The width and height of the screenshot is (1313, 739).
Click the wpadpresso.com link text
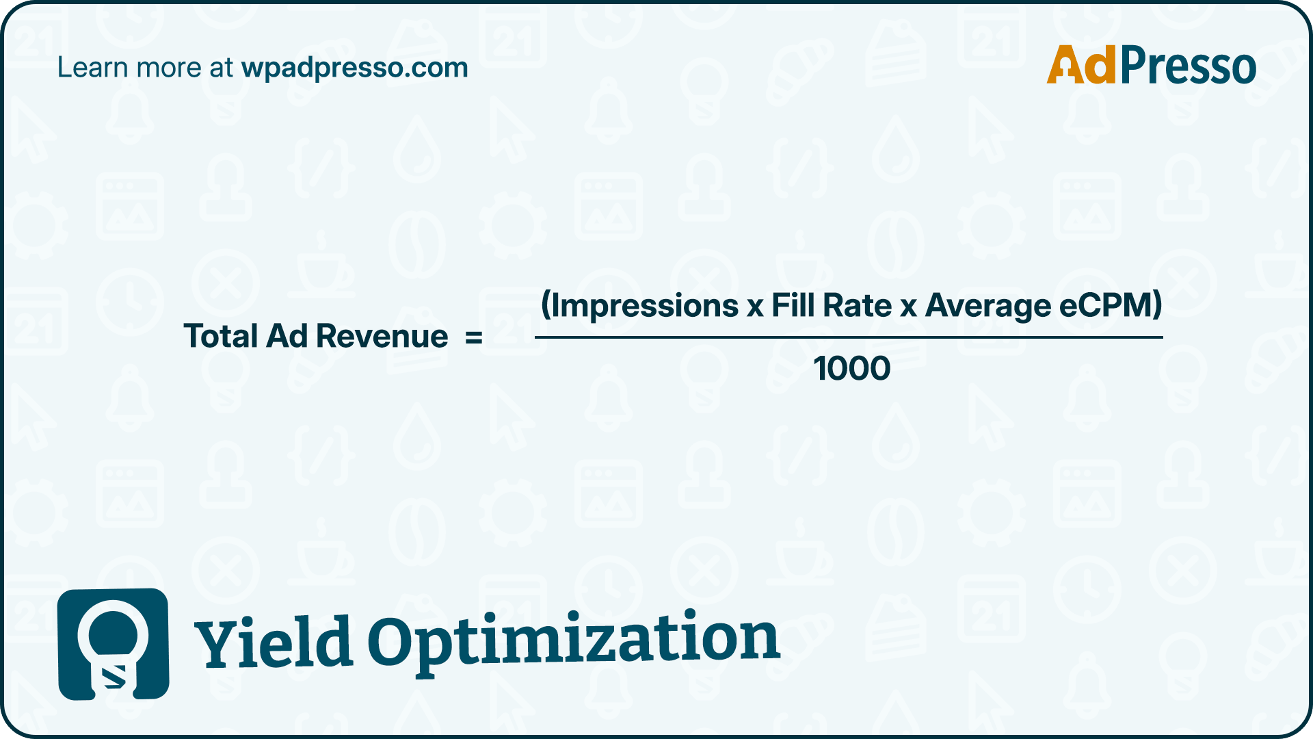click(354, 68)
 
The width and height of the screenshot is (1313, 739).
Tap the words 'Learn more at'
click(145, 67)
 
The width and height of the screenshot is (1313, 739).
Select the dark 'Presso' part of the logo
click(1188, 65)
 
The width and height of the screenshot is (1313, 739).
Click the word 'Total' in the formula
click(220, 336)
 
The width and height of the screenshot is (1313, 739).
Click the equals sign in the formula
click(474, 337)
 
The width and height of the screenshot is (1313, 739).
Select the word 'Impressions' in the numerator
click(644, 305)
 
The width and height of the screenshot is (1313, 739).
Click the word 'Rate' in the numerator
click(858, 304)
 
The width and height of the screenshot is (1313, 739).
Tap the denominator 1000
click(852, 368)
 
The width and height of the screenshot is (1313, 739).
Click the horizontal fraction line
click(849, 337)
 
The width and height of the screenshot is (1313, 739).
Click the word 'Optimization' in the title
click(574, 640)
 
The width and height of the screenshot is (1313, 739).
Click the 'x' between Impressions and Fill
click(755, 308)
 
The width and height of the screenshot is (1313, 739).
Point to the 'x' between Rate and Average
click(908, 308)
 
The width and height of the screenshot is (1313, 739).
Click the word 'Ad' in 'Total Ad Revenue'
click(287, 336)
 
